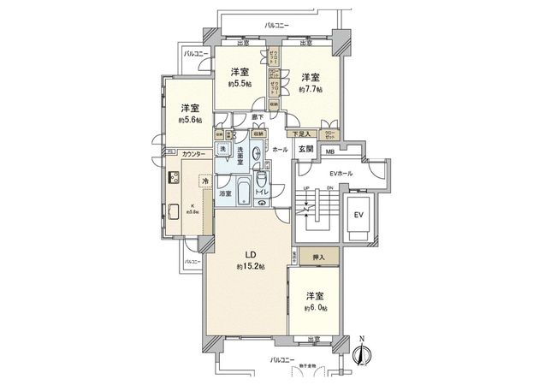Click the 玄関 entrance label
(x=306, y=149)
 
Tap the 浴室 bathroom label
(x=225, y=194)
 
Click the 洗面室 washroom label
(x=242, y=160)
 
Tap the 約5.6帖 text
(x=191, y=121)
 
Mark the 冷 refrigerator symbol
(x=204, y=181)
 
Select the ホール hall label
(x=281, y=149)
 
